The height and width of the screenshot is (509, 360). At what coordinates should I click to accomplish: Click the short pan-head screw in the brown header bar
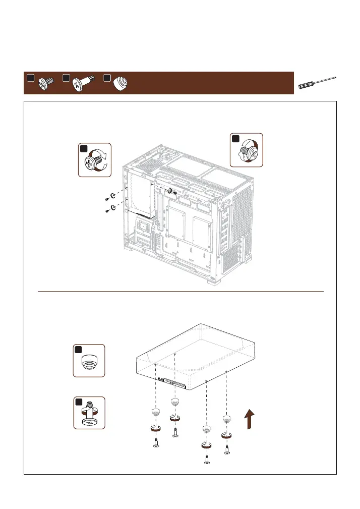point(46,83)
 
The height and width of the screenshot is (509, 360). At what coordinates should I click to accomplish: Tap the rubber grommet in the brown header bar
point(119,83)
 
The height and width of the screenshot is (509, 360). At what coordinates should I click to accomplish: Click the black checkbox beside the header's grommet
point(106,78)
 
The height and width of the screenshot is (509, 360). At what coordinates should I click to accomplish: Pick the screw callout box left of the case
point(95,160)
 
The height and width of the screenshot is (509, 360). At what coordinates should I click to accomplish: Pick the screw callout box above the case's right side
point(247,150)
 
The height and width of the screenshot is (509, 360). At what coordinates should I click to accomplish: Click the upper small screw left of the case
point(107,199)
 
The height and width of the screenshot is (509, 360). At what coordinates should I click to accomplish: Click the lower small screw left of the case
point(107,211)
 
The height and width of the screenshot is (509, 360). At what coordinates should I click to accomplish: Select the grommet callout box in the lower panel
point(89,360)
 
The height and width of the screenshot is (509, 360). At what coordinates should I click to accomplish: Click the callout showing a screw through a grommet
point(89,413)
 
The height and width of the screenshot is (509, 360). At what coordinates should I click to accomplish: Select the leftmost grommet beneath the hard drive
point(155,412)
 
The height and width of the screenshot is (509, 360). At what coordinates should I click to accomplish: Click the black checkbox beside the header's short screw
point(30,78)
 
